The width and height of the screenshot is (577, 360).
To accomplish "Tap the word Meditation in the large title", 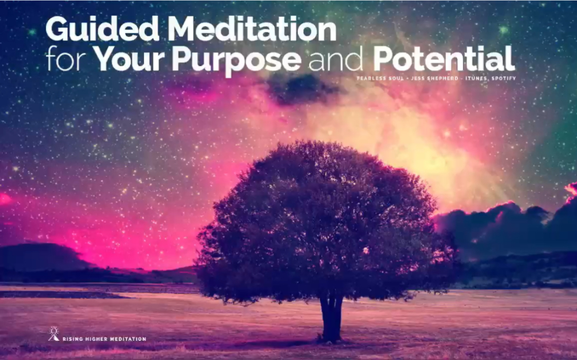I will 252,30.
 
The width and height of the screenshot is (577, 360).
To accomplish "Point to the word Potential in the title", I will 443,59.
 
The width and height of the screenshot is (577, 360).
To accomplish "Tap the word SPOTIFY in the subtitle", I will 503,79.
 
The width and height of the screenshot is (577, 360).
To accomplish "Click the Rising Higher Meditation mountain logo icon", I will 53,334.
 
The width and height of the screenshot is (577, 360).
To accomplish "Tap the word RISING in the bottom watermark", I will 72,339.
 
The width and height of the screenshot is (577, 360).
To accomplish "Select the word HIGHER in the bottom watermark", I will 96,339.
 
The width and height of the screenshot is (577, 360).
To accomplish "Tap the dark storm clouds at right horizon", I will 508,224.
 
